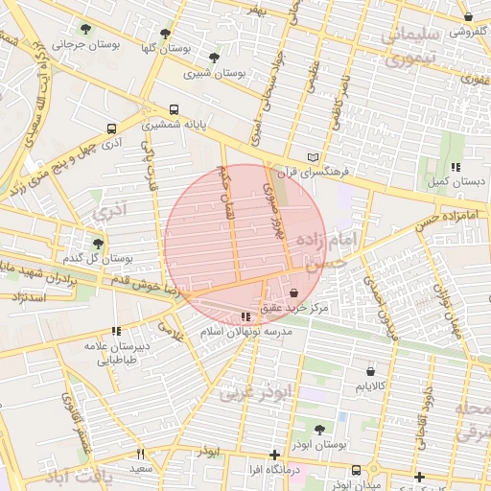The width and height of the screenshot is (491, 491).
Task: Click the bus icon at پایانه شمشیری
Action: coord(174,109)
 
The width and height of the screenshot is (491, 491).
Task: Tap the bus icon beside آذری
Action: coord(112,128)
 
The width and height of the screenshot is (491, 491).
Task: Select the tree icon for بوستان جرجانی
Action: coord(87,30)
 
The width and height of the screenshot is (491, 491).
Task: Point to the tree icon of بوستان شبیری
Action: coord(214,58)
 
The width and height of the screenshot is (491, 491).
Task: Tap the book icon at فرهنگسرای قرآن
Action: coord(313,157)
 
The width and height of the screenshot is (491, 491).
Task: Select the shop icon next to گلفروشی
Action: coord(467,17)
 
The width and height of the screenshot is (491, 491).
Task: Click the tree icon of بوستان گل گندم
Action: coord(97,244)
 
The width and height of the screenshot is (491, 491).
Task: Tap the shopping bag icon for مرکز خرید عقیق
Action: coord(292,294)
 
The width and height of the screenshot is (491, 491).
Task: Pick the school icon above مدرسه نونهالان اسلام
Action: coord(246,316)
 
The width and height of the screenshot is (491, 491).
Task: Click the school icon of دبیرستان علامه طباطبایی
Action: coord(116,331)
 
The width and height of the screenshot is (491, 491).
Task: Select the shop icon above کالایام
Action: coord(370,369)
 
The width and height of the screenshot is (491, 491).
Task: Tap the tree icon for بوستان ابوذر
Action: coord(318,430)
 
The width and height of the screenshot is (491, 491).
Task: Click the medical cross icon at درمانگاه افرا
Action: coord(275,455)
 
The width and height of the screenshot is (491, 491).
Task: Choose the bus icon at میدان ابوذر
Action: coord(357,470)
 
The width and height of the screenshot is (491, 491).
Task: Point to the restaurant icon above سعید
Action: coord(140,454)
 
